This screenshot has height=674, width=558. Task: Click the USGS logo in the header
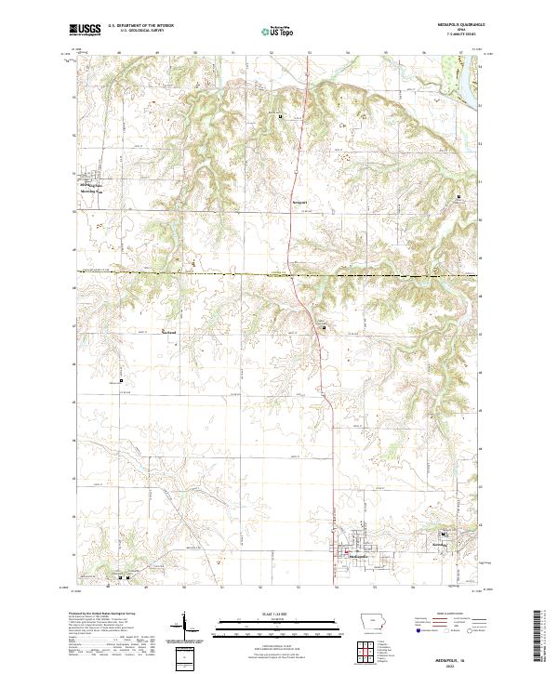coord(86,30)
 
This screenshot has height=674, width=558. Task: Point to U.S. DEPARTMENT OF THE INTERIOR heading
coord(140,26)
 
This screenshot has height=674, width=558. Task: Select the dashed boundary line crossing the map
coord(232,273)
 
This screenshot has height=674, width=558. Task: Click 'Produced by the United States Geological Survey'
coord(107,615)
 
